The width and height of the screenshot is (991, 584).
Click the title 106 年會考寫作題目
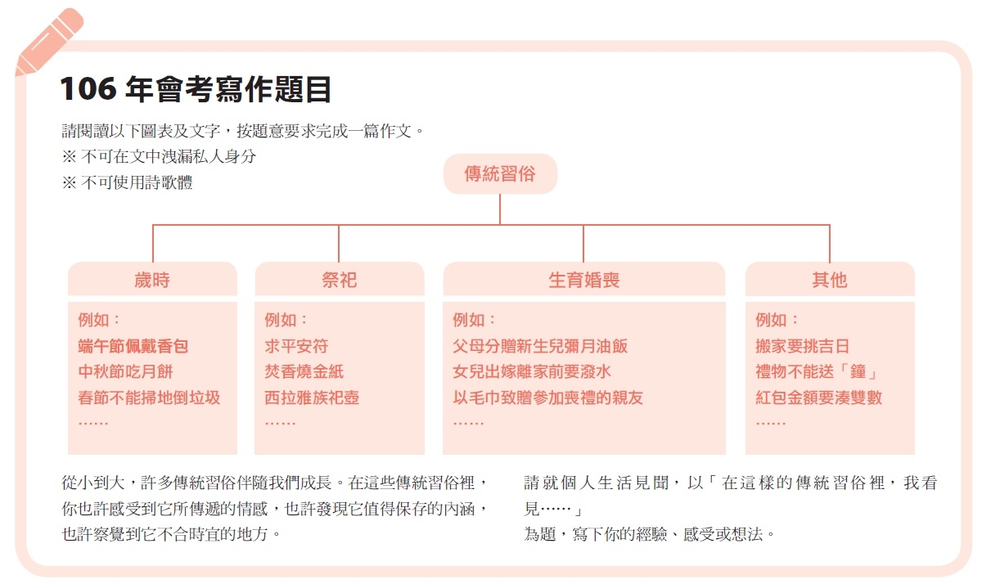[196, 89]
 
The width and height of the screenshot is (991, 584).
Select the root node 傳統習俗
[500, 173]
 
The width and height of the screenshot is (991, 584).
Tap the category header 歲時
[152, 280]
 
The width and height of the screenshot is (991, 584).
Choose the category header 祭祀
[340, 280]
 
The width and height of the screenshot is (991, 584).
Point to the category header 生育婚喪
[584, 280]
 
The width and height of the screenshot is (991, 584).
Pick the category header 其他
[830, 280]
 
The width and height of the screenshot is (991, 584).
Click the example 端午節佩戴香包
[133, 346]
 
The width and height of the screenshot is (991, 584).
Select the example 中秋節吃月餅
[125, 371]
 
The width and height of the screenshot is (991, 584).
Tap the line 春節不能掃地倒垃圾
[149, 398]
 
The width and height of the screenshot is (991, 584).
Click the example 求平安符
[296, 346]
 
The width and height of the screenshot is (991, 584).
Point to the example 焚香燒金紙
[304, 371]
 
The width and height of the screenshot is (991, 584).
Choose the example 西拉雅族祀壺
[312, 398]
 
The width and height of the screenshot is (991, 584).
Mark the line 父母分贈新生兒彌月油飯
[540, 346]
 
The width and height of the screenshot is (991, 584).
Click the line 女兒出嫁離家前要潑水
[532, 371]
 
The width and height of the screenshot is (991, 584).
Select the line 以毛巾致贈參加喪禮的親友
[547, 398]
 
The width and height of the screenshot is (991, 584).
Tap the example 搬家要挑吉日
[803, 346]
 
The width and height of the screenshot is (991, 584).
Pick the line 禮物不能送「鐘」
[817, 371]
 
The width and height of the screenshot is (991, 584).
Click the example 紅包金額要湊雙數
[819, 398]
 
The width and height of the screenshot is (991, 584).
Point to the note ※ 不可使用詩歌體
[128, 182]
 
